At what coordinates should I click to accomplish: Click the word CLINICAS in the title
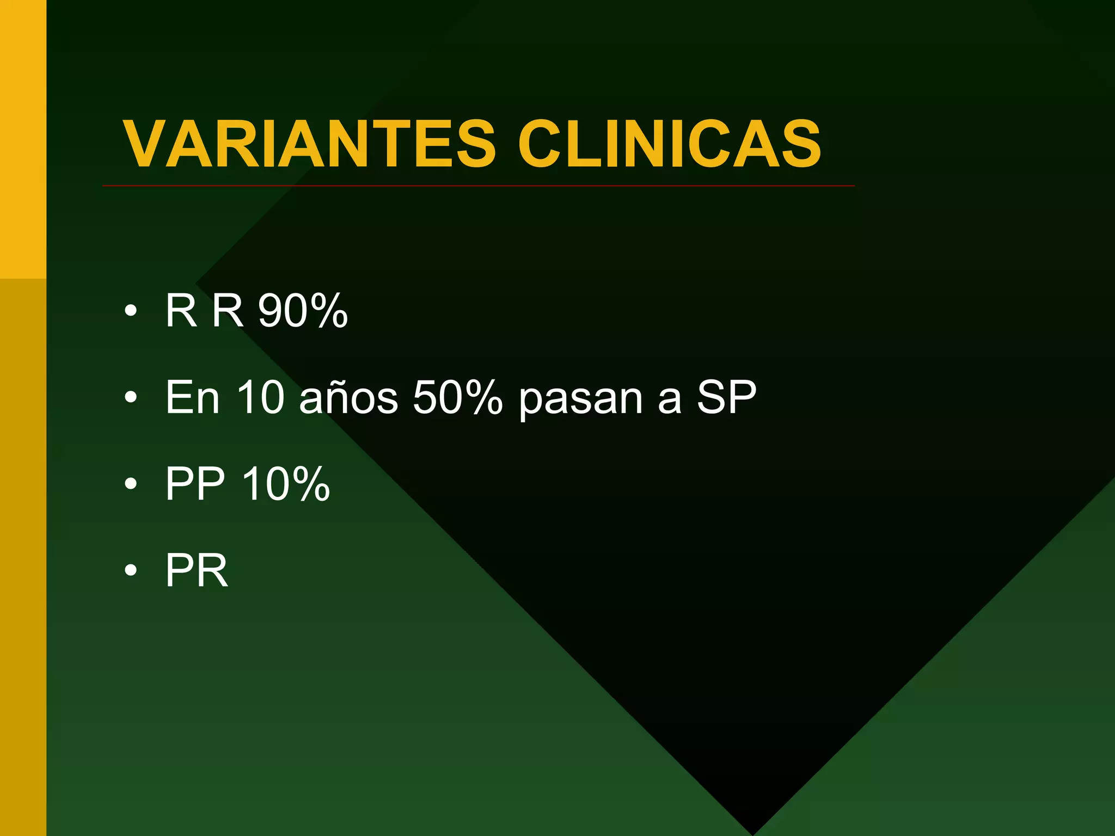(x=669, y=144)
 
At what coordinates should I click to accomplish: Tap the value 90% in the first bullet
(x=303, y=310)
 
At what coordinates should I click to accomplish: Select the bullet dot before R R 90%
(x=131, y=311)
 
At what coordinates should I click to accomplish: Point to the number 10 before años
(x=261, y=397)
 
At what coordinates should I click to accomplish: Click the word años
(x=349, y=397)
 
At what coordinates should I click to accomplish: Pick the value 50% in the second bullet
(x=458, y=397)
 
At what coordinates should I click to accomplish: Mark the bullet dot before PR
(x=131, y=570)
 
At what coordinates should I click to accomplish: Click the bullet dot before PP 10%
(x=131, y=484)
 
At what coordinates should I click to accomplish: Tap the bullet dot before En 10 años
(x=131, y=398)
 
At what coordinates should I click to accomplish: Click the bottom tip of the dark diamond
(x=753, y=832)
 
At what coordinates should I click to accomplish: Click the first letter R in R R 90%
(x=181, y=310)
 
